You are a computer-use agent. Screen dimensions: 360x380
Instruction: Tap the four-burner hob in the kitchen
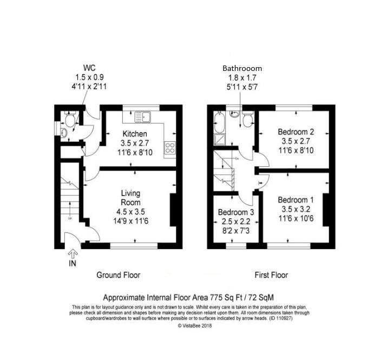(169, 147)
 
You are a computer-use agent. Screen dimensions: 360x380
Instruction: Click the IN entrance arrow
(73, 254)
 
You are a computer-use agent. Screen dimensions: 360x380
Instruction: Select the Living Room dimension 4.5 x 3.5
(131, 212)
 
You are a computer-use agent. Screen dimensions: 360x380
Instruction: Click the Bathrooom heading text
(243, 69)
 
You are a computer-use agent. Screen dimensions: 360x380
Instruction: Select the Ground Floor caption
(118, 275)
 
